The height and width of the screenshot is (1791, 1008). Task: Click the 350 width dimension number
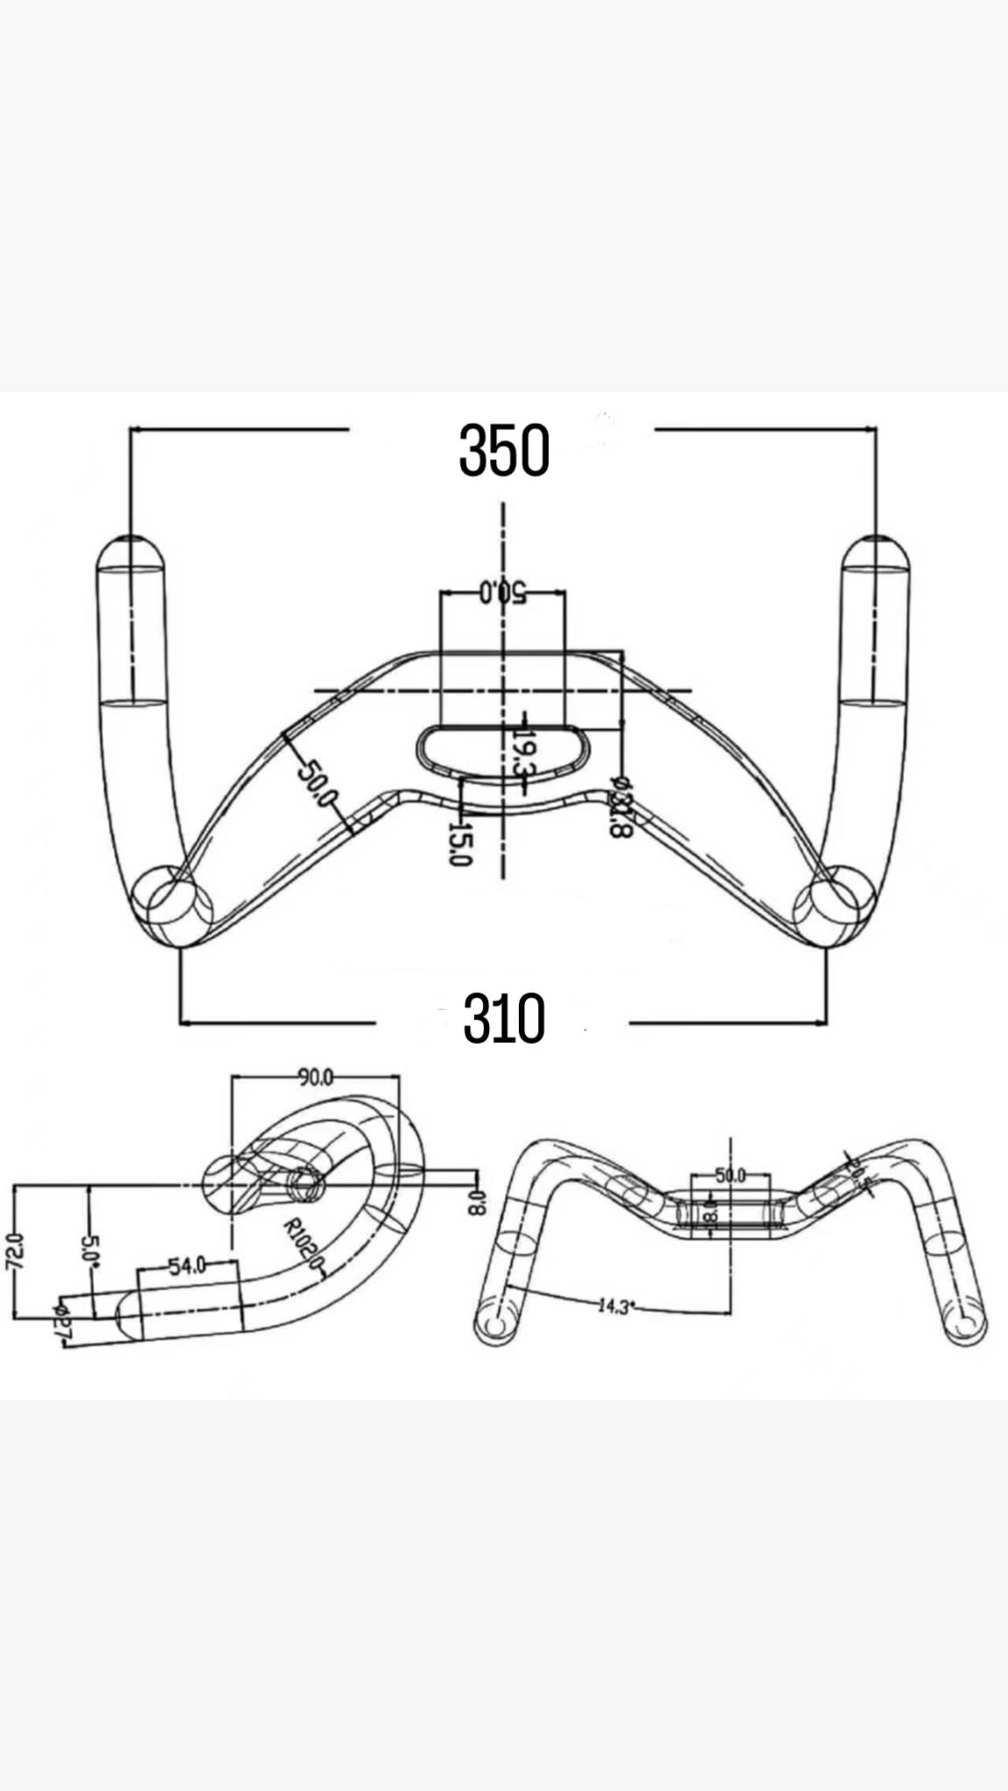coord(504,451)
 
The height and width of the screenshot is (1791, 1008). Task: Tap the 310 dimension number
coord(504,1018)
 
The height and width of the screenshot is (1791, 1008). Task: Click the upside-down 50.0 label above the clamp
coord(502,592)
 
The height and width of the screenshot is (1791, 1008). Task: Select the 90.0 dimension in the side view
coord(315,1077)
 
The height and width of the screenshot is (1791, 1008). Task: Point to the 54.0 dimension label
coord(186,1265)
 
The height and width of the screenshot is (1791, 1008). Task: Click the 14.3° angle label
coord(614,1307)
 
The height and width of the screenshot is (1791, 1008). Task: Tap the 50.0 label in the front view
coord(730,1175)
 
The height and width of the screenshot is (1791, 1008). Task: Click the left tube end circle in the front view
coord(494,1326)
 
